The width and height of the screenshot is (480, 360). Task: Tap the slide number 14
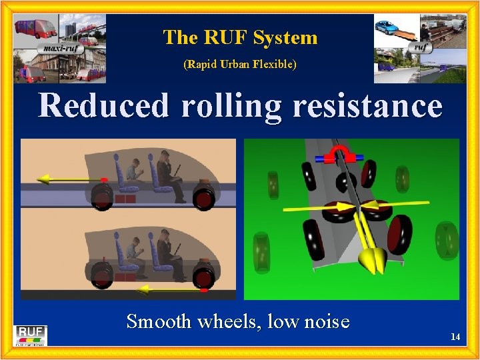(455, 337)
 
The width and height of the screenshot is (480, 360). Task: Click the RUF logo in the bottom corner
(31, 334)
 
